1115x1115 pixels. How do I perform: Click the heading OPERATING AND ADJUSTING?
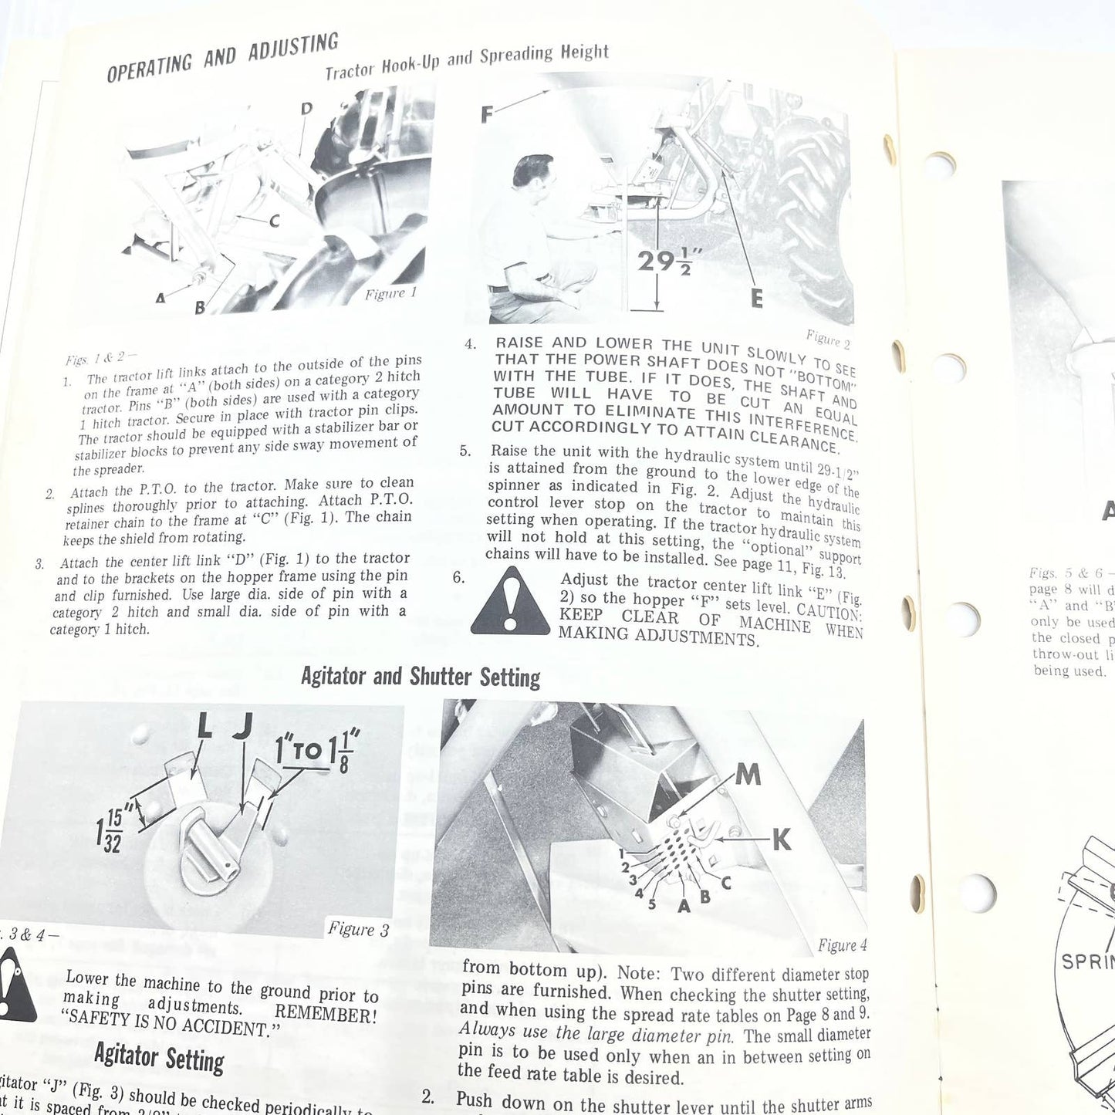(222, 58)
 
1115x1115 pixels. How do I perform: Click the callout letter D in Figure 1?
(306, 109)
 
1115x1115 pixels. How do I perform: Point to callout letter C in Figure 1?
(274, 221)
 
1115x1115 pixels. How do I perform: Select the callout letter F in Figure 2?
(487, 115)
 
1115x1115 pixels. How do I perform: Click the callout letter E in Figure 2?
(756, 298)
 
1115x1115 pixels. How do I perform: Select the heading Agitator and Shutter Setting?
(421, 677)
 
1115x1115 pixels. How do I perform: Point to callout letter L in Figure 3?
(204, 726)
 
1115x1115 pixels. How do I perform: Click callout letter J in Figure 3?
(244, 726)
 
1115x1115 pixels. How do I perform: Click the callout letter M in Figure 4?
(747, 773)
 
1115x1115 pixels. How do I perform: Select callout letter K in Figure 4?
(781, 840)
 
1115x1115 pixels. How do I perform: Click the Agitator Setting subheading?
(159, 1057)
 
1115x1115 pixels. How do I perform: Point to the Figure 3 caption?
(358, 929)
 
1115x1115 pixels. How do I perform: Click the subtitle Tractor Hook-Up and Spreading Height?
(467, 62)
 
